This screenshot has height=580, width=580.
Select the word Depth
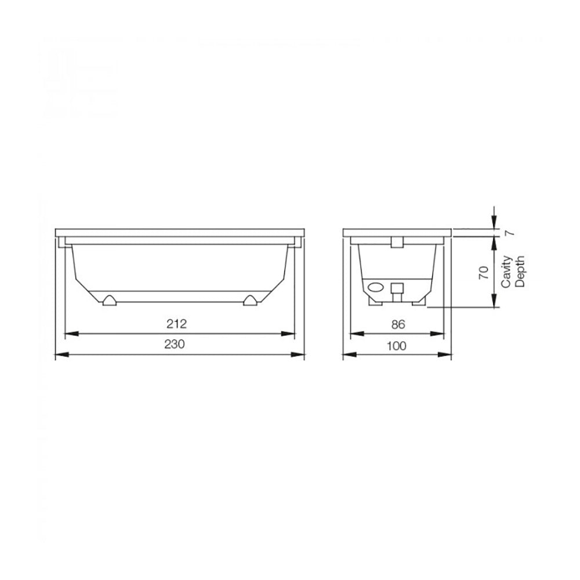click(x=520, y=271)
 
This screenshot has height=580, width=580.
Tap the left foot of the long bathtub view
click(x=108, y=300)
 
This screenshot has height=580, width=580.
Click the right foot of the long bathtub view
click(x=250, y=300)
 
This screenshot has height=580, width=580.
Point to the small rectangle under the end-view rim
click(x=398, y=242)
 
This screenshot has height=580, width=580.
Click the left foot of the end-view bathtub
click(x=374, y=301)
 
